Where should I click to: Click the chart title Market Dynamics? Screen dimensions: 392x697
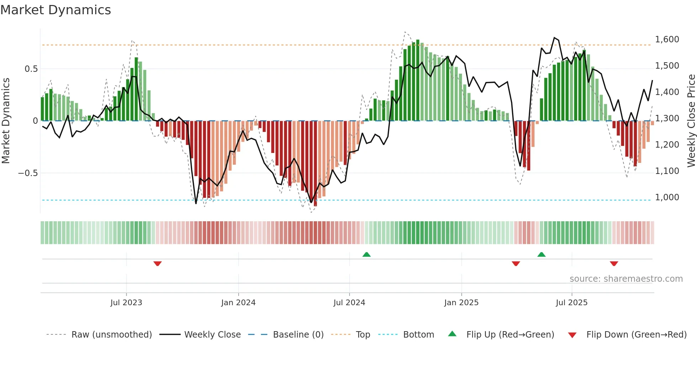[55, 10]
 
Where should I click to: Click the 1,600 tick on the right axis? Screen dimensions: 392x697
[667, 39]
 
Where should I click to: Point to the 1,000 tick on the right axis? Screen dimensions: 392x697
[667, 197]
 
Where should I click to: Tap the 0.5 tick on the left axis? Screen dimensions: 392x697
[31, 69]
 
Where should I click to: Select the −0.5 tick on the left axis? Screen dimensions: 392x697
[28, 173]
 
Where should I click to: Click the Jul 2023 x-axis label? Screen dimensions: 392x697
[126, 303]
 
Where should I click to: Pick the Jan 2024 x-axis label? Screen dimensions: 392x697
[238, 303]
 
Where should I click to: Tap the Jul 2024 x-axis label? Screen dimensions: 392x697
[349, 303]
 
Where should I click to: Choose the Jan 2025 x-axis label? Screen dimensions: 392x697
[461, 303]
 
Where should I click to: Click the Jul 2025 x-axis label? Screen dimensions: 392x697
[571, 303]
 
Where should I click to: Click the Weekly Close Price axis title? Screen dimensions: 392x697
[691, 121]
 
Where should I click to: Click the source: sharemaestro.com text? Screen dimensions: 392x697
[626, 279]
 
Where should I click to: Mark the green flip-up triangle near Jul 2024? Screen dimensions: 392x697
[366, 254]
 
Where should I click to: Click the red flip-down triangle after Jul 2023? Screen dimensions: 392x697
[158, 264]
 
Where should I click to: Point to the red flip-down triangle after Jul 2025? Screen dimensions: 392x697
[614, 264]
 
